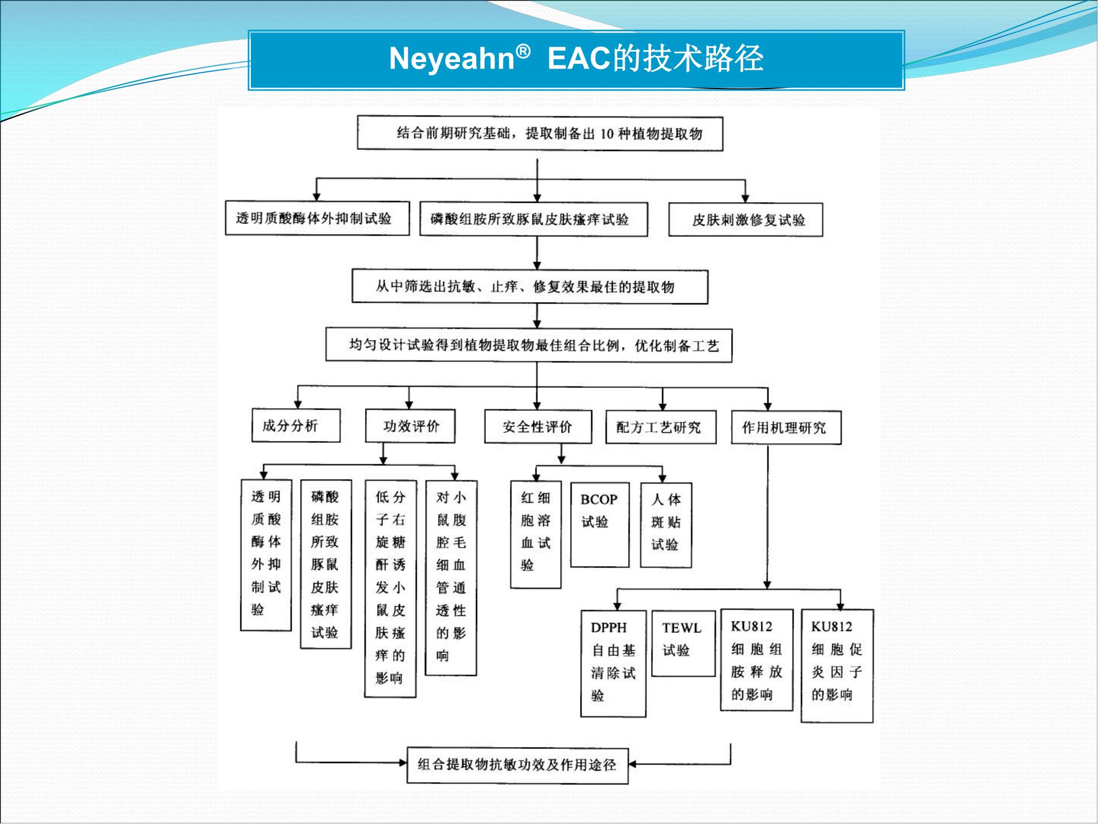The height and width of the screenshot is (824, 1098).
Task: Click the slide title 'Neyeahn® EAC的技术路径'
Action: (x=576, y=58)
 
